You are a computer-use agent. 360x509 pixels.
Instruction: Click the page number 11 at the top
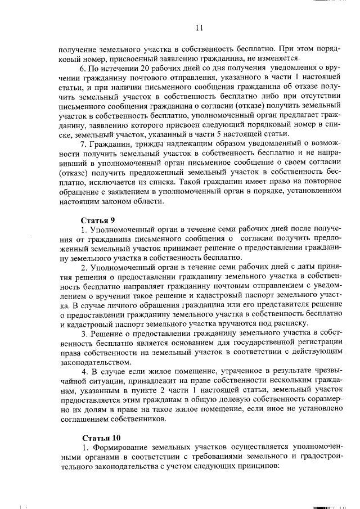pyautogui.click(x=199, y=28)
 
